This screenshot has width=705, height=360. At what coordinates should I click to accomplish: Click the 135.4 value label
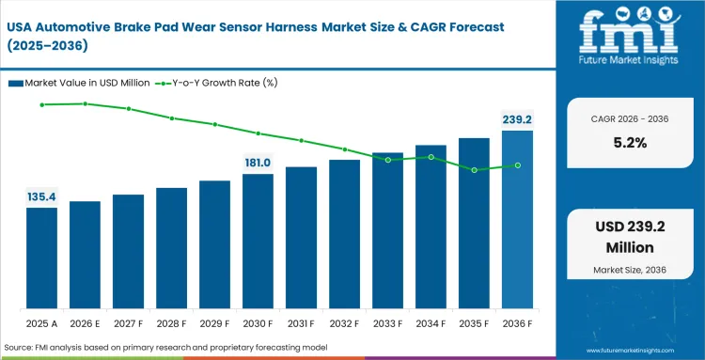pos(41,196)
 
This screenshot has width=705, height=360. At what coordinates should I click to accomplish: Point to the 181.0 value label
pos(258,162)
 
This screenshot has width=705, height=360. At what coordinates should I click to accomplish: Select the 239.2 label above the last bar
pos(517,119)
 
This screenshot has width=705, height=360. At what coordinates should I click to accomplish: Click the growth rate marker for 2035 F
pos(475,170)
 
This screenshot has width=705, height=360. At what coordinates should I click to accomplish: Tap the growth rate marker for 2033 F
pos(388,160)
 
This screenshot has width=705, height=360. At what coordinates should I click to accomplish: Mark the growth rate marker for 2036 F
pos(518,165)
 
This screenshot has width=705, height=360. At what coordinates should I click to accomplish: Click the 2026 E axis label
pos(85,324)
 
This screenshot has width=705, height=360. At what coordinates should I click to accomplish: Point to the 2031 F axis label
pos(301,324)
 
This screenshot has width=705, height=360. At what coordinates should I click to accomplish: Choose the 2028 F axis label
pos(171,324)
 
